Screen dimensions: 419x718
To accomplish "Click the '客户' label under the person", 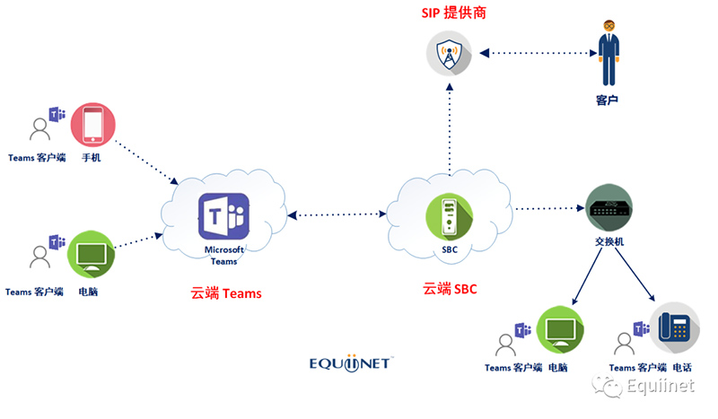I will [x=608, y=99].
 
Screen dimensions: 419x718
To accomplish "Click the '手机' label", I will [x=92, y=158].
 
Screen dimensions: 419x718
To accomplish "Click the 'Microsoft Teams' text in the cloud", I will [x=223, y=255].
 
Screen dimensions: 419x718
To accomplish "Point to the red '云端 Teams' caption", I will [x=226, y=292].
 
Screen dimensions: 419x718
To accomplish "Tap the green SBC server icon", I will [x=450, y=217].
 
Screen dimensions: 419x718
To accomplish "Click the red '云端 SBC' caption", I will [x=451, y=289].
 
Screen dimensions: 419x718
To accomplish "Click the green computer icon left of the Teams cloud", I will [x=91, y=255].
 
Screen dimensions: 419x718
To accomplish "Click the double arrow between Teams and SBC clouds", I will [x=337, y=214].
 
